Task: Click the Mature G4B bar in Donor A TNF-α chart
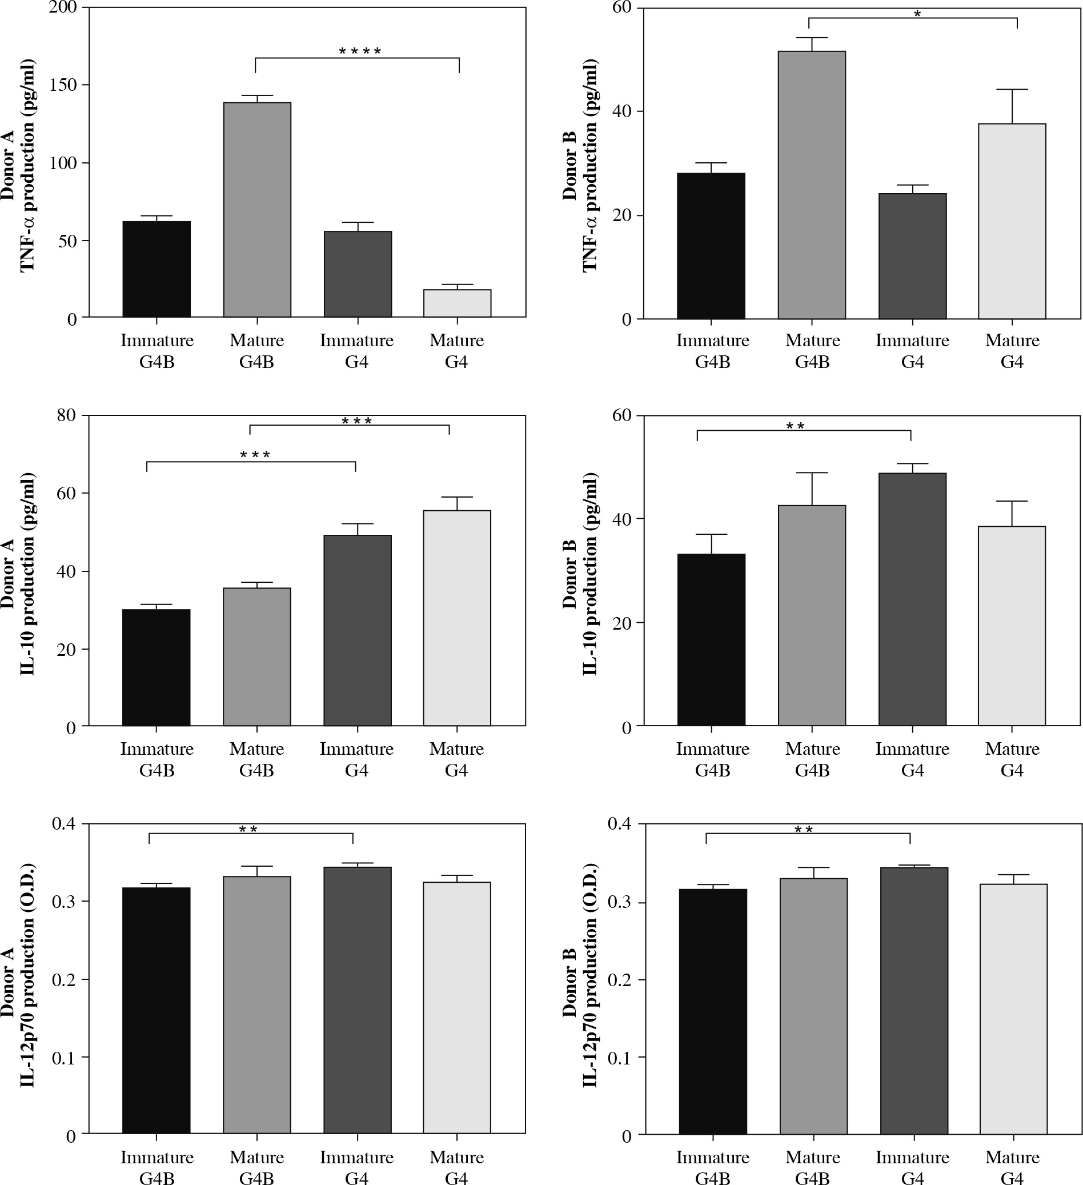257,210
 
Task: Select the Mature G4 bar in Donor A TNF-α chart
457,303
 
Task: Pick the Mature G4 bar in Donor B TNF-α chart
1012,221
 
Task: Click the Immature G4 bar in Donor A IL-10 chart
357,630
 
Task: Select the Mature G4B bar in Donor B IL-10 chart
812,615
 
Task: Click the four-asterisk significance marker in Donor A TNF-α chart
360,52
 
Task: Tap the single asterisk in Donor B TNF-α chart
917,14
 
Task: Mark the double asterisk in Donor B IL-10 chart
795,426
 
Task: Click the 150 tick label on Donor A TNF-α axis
63,85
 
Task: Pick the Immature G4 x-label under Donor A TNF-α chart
356,351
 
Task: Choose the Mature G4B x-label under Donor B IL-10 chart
813,759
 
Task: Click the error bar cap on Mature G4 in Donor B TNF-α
1012,89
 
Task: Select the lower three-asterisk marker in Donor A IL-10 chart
255,455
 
